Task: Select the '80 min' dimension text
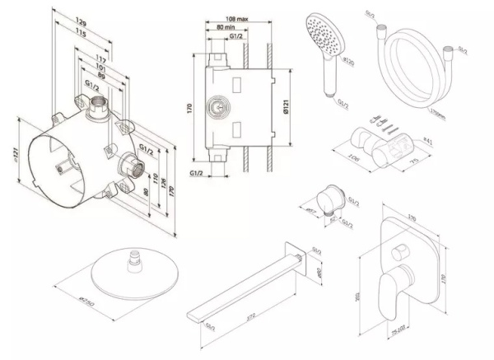click(217, 26)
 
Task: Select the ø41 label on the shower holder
click(428, 141)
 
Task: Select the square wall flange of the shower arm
click(292, 258)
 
